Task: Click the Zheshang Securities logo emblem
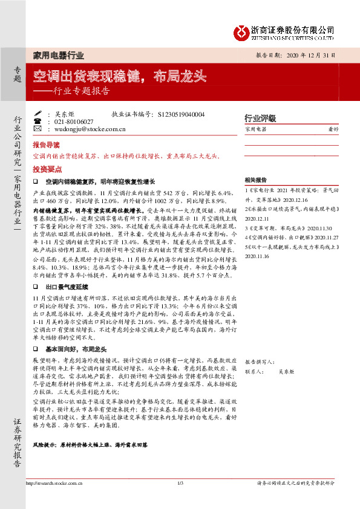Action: pyautogui.click(x=242, y=31)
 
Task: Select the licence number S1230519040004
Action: pyautogui.click(x=180, y=114)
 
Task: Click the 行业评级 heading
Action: pyautogui.click(x=260, y=118)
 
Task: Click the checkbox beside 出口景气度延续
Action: pyautogui.click(x=36, y=288)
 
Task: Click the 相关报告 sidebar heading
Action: pyautogui.click(x=256, y=180)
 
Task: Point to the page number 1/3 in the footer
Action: pyautogui.click(x=180, y=499)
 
